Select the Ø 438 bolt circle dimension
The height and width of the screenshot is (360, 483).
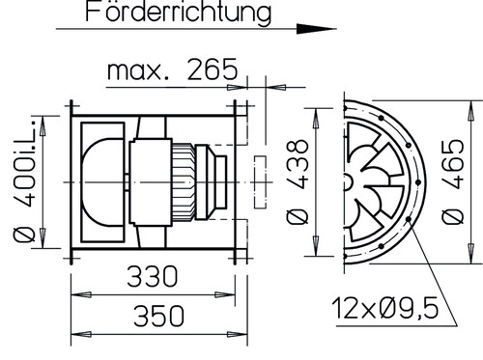(x=300, y=181)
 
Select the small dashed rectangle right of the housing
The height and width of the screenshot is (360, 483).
(x=262, y=182)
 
